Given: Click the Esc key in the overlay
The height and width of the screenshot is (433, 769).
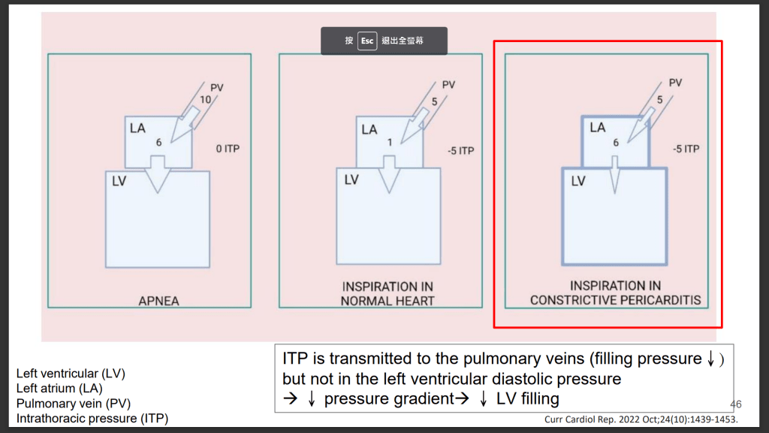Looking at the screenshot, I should [x=367, y=41].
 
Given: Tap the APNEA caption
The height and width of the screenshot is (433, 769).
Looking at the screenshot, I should [x=158, y=301].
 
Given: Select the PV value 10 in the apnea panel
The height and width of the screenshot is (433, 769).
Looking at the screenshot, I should [x=205, y=99].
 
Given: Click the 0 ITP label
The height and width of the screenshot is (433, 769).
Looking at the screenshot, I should [x=228, y=150].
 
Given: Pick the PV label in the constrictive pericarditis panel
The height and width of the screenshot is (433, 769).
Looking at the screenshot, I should [x=676, y=83].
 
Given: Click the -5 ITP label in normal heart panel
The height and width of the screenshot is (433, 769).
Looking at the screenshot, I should [x=460, y=151].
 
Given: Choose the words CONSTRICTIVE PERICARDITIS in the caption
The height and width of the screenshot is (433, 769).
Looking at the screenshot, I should [x=615, y=301].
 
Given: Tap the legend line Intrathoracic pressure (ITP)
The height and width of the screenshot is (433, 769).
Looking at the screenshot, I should [x=92, y=418].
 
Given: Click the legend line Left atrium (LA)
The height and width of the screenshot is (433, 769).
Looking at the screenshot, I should [x=56, y=388].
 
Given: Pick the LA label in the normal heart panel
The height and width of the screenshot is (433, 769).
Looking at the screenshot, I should [x=369, y=129].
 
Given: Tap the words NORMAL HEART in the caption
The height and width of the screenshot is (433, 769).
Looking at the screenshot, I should [x=388, y=301].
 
